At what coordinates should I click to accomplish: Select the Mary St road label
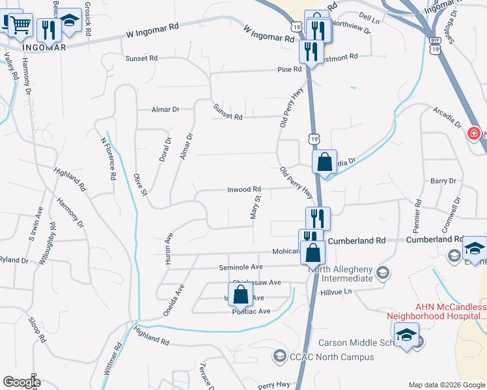coord(256,207)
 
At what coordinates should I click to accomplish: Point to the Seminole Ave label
coord(242,267)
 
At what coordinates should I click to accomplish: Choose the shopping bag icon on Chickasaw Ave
coord(241,294)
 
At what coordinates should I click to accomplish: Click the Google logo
coord(21,382)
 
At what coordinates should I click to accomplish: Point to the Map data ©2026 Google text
coord(446,385)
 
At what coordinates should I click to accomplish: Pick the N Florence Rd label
coord(108,158)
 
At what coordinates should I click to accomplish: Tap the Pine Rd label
coord(289,69)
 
